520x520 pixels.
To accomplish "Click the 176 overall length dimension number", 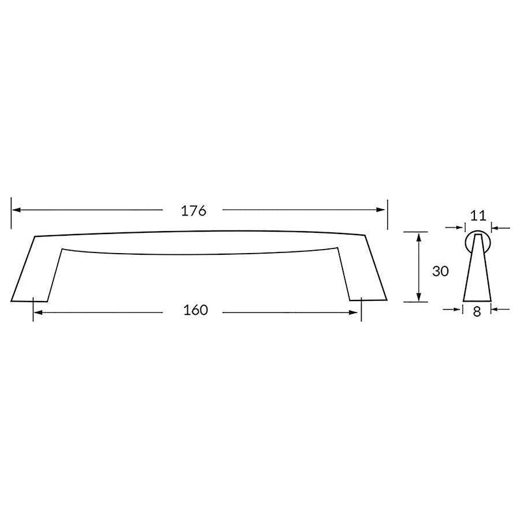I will click(x=194, y=211).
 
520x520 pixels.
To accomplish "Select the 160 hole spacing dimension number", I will click(x=195, y=311).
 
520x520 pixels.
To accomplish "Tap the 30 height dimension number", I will click(x=440, y=271).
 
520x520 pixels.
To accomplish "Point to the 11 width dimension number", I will click(x=477, y=216).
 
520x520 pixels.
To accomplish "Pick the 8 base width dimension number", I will click(x=477, y=311).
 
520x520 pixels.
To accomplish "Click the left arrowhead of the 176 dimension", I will click(x=16, y=210).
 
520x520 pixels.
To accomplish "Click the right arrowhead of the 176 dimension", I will click(x=381, y=210).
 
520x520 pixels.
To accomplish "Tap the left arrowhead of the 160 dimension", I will click(x=38, y=313).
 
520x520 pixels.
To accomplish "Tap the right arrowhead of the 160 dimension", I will click(x=356, y=313).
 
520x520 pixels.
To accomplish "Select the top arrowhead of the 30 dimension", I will click(x=416, y=236).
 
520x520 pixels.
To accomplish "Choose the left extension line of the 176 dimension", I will click(x=11, y=214).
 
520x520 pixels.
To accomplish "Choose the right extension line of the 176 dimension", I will click(x=387, y=214).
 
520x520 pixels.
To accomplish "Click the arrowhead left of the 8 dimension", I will click(x=459, y=310).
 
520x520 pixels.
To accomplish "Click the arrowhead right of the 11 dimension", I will click(x=495, y=229).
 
